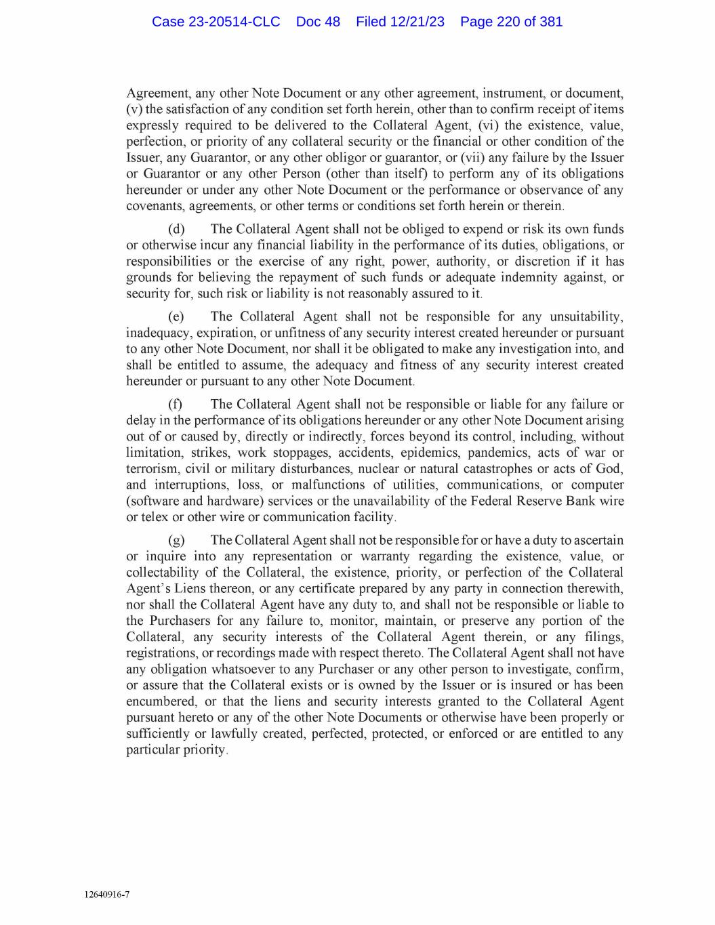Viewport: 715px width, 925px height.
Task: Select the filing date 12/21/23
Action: (417, 22)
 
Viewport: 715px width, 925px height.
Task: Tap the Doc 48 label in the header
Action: (318, 22)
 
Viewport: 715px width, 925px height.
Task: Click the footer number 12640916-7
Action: (107, 895)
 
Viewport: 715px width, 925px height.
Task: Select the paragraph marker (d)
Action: (176, 229)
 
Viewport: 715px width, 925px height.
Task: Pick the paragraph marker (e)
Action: (176, 316)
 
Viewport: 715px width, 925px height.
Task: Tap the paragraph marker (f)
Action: (176, 404)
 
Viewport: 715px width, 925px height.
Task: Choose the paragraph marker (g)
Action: (176, 540)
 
